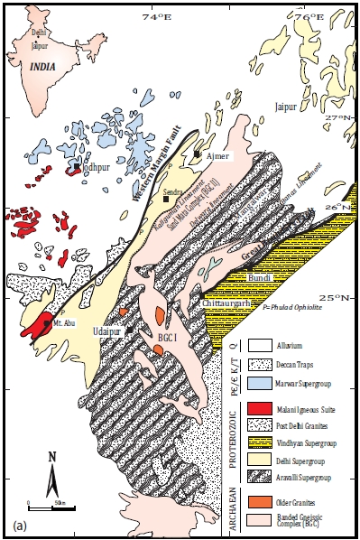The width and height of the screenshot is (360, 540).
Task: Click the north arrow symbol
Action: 53,465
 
